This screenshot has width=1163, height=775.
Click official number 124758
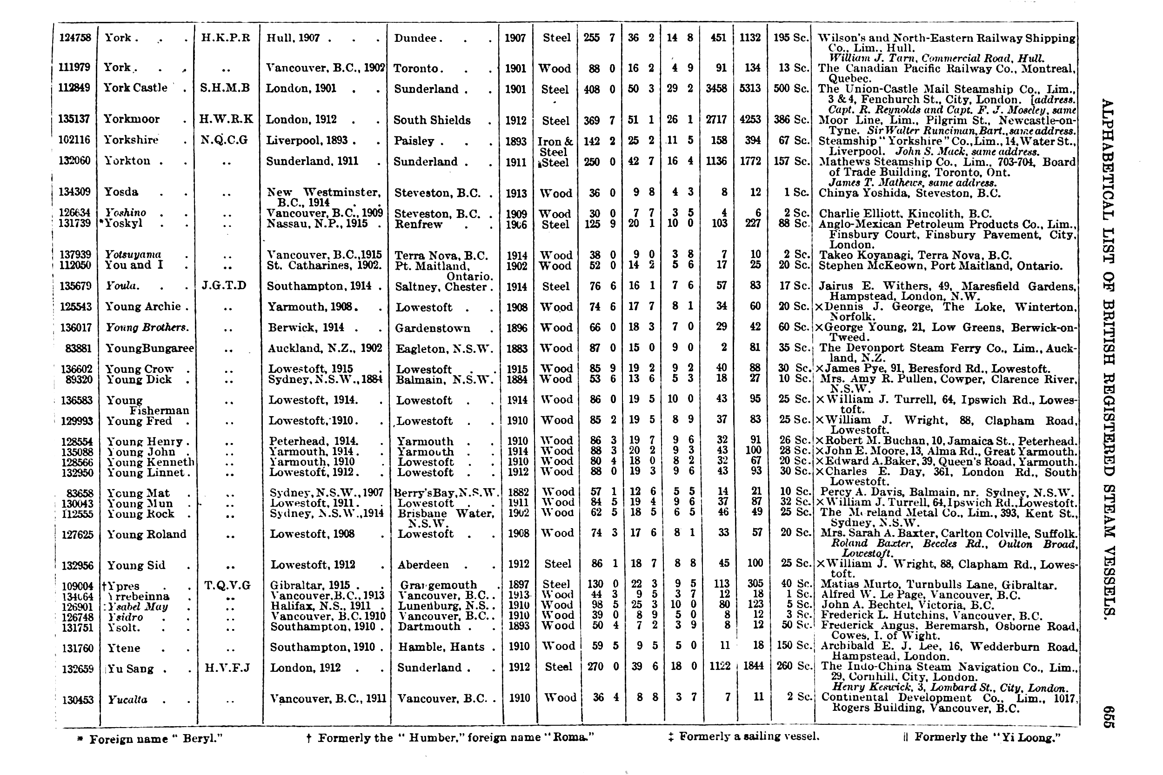click(75, 38)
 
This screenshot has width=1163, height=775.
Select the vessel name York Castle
click(135, 88)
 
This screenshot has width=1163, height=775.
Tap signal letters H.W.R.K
click(226, 119)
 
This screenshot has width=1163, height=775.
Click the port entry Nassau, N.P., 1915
click(317, 224)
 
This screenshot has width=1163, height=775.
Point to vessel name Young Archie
click(143, 306)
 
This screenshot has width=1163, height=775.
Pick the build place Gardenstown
click(433, 328)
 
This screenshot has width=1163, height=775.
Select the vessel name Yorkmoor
click(132, 119)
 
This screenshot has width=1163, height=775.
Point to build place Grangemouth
click(437, 585)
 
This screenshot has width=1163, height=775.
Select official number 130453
click(78, 700)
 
